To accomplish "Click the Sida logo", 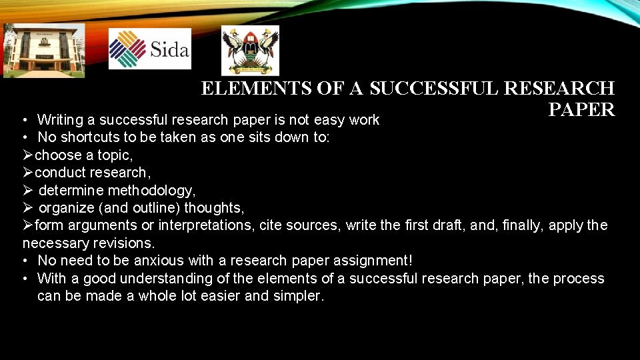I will pos(149,49).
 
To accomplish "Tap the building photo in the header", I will pos(44,50).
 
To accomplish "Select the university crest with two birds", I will pos(250,50).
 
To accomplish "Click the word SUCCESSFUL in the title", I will pos(435,89).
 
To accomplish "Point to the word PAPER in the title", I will pos(581,110).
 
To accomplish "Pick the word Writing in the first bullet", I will pos(65,120).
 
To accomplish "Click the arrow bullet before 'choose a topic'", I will pos(27,155).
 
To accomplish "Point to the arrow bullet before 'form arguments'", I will pos(27,225).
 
